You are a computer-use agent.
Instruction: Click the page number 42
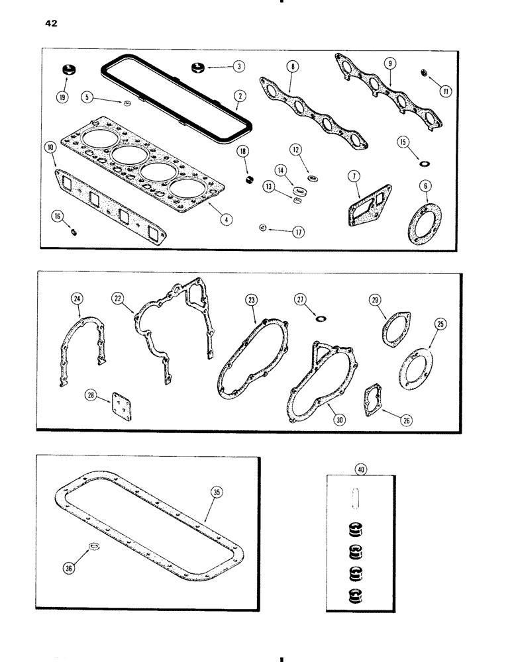coord(51,24)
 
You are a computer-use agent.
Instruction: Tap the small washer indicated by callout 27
coord(321,318)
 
